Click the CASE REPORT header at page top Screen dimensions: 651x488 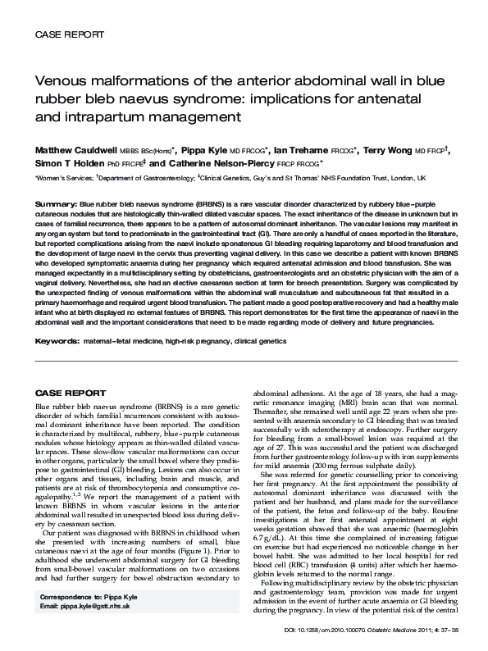tap(67, 35)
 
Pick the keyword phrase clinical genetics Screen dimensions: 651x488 tap(277, 339)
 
